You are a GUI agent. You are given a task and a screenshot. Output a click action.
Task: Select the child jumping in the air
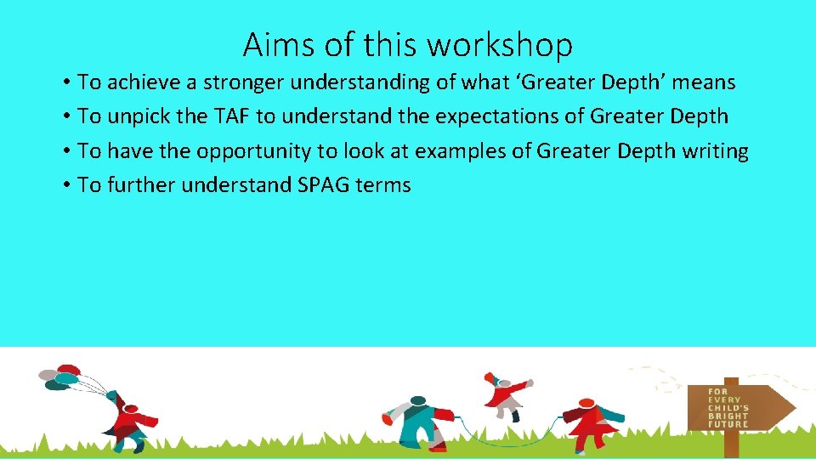[x=505, y=395]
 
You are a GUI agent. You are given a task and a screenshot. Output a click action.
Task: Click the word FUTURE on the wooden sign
[x=728, y=423]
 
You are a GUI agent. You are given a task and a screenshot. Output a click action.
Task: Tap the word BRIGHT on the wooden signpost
[x=728, y=416]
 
